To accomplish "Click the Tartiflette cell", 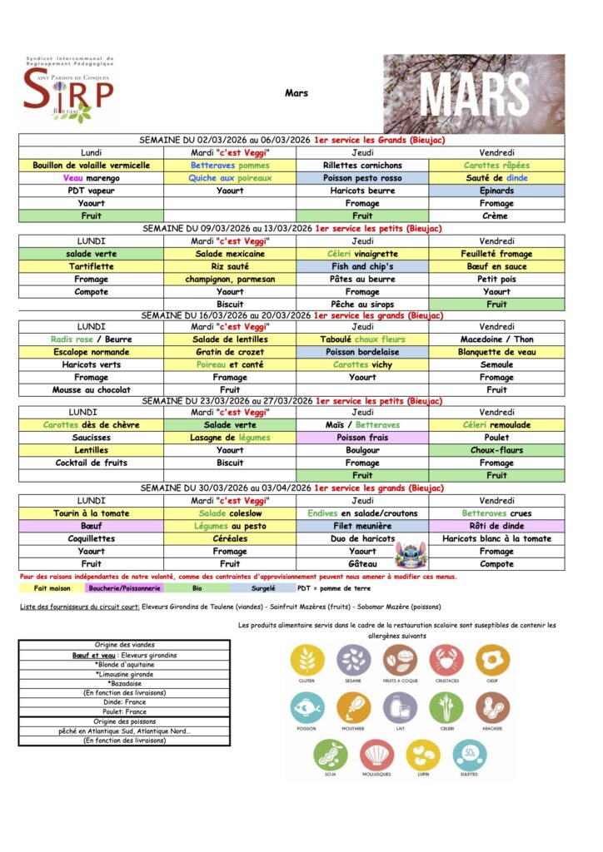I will [x=92, y=266].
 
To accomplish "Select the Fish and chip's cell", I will [x=362, y=266].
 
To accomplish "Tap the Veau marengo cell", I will [x=92, y=178].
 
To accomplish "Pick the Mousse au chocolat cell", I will [x=92, y=389].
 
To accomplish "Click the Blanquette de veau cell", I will [x=496, y=352].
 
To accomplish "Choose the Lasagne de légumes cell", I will [x=230, y=438].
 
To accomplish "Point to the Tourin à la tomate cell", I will [x=92, y=513].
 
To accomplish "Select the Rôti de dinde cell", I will [x=496, y=526].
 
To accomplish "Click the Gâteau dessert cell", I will [x=362, y=564].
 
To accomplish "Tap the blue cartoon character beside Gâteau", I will [x=407, y=553].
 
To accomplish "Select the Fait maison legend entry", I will [x=51, y=587].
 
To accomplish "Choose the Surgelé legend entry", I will [x=264, y=587].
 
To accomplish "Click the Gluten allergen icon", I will [x=307, y=661].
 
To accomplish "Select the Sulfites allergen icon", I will [x=470, y=756].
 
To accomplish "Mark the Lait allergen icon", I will [x=400, y=709].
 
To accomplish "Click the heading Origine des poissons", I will [x=124, y=722].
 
